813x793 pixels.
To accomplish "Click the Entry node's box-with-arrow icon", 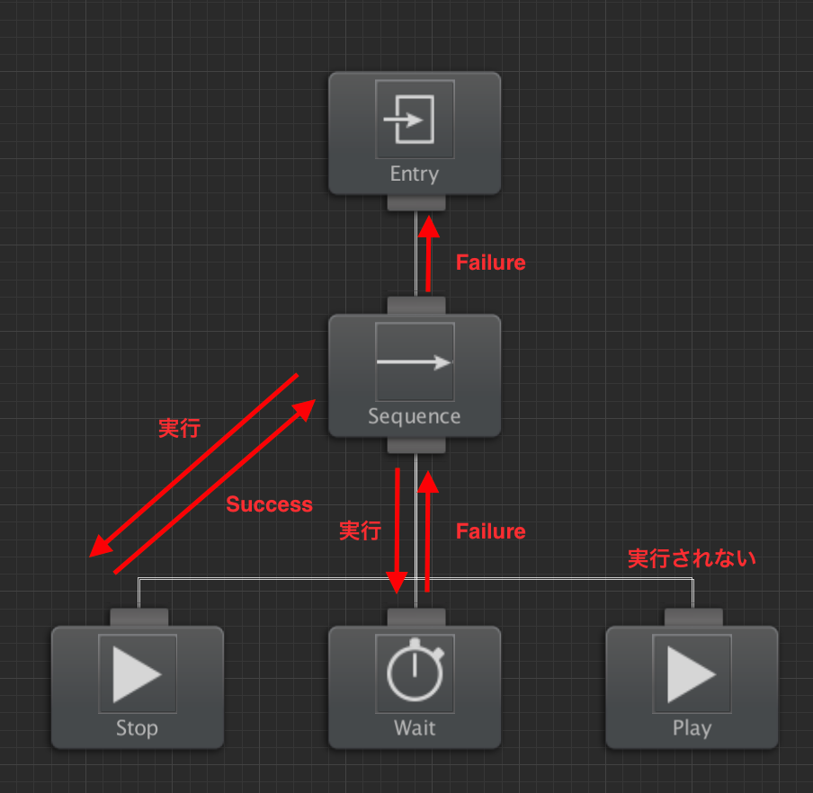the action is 409,120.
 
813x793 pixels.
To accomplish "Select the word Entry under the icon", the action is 415,174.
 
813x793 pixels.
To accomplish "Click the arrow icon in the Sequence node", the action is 414,361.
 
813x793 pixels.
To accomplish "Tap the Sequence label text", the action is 415,416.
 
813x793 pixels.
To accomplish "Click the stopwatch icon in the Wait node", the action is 415,670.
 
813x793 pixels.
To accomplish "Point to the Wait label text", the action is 415,727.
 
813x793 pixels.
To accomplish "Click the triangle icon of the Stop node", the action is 138,673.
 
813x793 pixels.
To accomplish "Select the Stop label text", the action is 138,728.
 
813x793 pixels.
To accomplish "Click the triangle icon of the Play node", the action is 692,673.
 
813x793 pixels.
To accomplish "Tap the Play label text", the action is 692,728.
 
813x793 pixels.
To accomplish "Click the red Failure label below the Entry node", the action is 490,263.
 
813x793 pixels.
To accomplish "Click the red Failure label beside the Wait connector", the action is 490,531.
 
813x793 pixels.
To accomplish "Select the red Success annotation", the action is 270,504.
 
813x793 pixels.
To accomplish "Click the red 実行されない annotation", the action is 692,558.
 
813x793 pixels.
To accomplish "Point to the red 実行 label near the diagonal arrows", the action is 179,429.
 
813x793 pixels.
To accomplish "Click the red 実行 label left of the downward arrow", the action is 361,531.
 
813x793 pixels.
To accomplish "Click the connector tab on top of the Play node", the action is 693,618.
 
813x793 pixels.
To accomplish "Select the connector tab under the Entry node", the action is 416,202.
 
